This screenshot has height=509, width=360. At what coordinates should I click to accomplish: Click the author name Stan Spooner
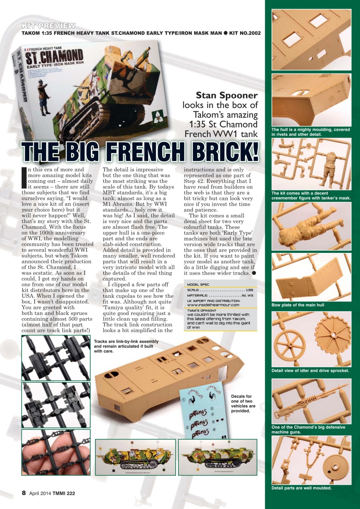pos(227,95)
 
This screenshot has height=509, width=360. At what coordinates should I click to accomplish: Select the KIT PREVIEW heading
pos(49,26)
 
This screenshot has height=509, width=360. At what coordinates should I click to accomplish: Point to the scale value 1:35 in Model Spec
pos(250,290)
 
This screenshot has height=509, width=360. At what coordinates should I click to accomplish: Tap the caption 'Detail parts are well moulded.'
pos(301,488)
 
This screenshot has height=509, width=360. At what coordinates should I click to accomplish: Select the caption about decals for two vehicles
pos(243,404)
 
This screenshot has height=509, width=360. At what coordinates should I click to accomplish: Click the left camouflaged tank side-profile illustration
pos(135,457)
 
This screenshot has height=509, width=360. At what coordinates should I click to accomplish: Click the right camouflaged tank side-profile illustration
pos(217,457)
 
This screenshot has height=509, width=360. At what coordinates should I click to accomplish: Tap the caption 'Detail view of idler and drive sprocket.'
pos(310,371)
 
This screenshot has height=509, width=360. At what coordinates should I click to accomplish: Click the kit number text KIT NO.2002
pos(244,33)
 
